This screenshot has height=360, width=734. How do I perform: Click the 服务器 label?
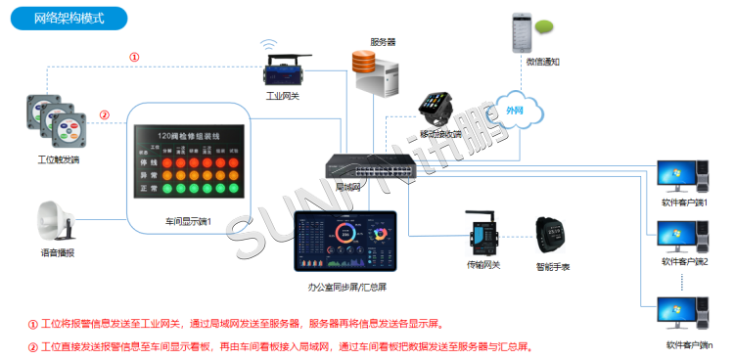point(383,41)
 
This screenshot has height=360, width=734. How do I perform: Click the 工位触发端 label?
point(57,157)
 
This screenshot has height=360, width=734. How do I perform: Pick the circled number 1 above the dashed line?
point(134,57)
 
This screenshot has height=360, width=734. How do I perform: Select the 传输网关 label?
point(482,265)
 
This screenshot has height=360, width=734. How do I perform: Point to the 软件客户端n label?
point(689,344)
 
